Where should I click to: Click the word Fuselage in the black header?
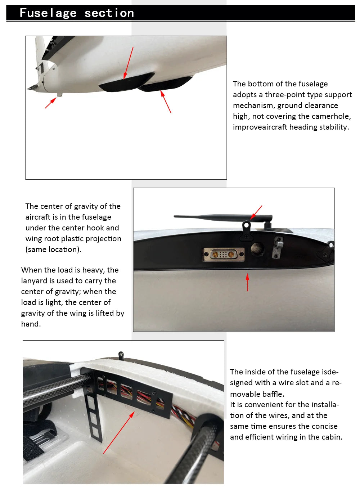pos(48,13)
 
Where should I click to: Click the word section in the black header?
pos(109,13)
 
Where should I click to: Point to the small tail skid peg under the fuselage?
pos(60,95)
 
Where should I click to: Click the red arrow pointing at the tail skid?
pos(50,103)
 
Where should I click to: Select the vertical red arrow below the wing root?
pos(247,283)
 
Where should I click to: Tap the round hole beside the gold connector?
pos(257,248)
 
